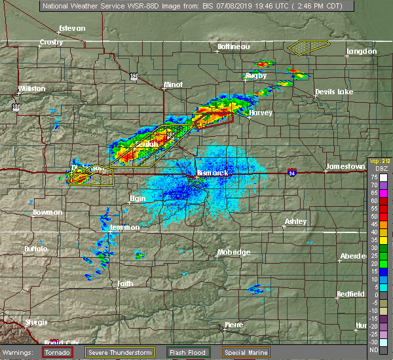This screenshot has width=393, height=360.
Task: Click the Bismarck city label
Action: point(213,173)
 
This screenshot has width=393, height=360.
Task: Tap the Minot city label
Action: point(173,85)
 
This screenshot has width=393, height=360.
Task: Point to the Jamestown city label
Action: point(346,167)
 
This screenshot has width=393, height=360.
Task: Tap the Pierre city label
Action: point(234,325)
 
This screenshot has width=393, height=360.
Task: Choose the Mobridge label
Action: point(234,253)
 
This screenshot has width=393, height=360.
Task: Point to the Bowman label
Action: point(47,213)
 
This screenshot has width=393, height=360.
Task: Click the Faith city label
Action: point(125,284)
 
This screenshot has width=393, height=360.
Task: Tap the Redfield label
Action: point(350,294)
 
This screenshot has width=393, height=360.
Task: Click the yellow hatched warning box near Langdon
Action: point(309,46)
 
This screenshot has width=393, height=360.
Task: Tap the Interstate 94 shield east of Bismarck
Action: point(291,172)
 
